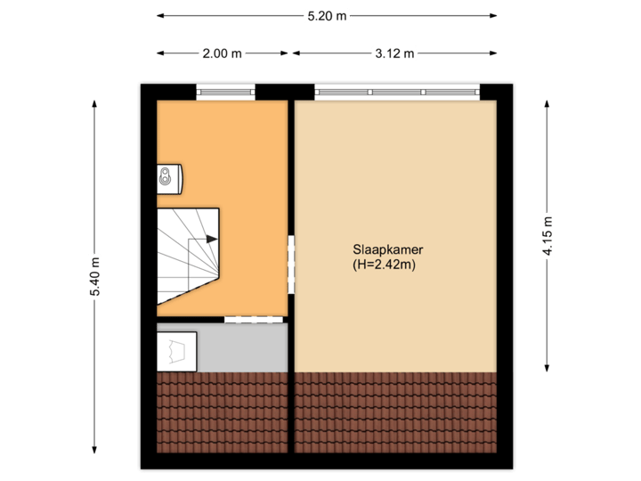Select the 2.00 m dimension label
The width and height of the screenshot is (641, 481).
(x=222, y=53)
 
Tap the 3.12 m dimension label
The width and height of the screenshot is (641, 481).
(x=394, y=53)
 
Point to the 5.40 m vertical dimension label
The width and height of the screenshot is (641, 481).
(x=95, y=277)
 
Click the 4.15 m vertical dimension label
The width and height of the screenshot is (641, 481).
(x=548, y=237)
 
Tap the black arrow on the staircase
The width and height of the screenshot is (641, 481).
(x=211, y=239)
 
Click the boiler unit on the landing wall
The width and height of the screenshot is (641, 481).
(x=168, y=178)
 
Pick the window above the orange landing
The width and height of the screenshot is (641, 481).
(x=225, y=91)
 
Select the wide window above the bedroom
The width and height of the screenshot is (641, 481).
(x=396, y=91)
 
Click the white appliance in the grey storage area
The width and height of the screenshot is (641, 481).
(x=178, y=350)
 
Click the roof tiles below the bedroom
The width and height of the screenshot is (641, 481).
(x=395, y=414)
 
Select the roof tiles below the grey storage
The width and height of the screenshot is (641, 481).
(x=223, y=414)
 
